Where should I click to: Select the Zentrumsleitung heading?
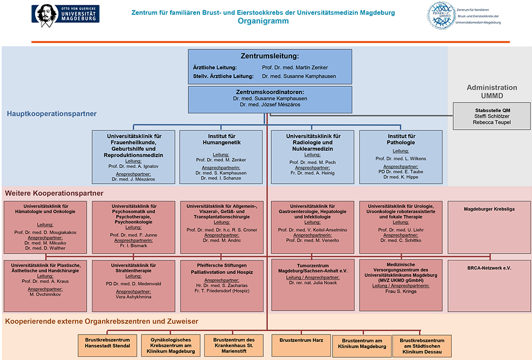tap(270, 56)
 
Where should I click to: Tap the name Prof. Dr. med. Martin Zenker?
tap(295, 68)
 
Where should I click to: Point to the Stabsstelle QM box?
tap(491, 116)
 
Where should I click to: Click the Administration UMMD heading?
tap(492, 91)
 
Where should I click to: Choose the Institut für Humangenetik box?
tap(221, 157)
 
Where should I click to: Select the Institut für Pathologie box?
tap(401, 157)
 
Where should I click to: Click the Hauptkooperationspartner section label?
tap(52, 114)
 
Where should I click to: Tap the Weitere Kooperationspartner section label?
tap(54, 193)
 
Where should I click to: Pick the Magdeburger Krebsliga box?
tap(489, 227)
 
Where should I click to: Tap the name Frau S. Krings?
tap(401, 291)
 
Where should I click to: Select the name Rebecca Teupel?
tap(491, 122)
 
